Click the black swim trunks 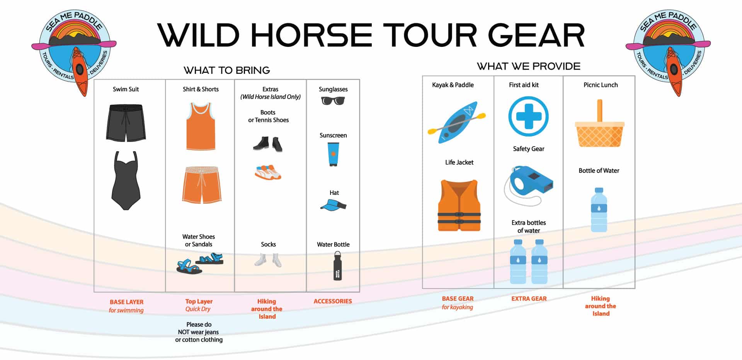point(125,123)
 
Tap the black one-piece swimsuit point(126,181)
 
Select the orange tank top point(201,126)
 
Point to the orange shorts point(202,185)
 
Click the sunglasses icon point(333,101)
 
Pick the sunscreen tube point(333,154)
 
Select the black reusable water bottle point(337,266)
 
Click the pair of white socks point(268,260)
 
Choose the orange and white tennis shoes point(268,172)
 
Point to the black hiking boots point(268,144)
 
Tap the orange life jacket point(459,205)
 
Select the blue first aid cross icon point(528,116)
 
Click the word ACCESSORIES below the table point(333,301)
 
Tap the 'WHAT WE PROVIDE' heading point(528,67)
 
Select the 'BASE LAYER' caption point(126,302)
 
